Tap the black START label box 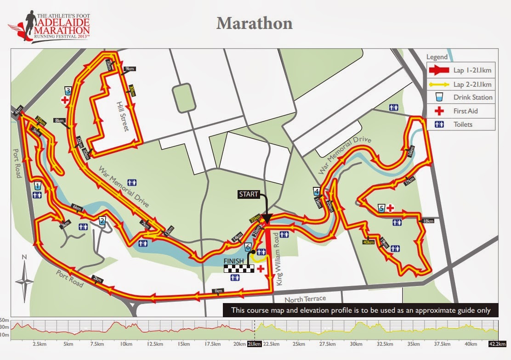(249, 194)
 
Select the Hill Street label (123, 116)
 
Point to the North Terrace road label (305, 299)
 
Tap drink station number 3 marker (68, 90)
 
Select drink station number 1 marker (37, 186)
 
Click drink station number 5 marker (381, 208)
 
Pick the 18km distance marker (428, 221)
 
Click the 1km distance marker (218, 291)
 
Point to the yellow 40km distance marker (368, 242)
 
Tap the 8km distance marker (59, 121)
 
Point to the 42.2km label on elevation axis (497, 344)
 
